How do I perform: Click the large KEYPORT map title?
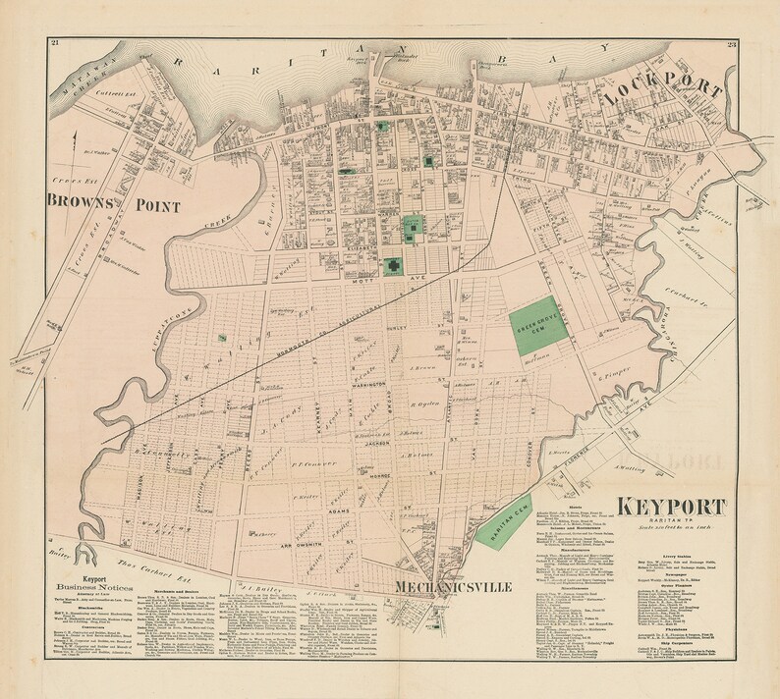point(673,510)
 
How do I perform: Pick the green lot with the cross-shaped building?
point(393,265)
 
